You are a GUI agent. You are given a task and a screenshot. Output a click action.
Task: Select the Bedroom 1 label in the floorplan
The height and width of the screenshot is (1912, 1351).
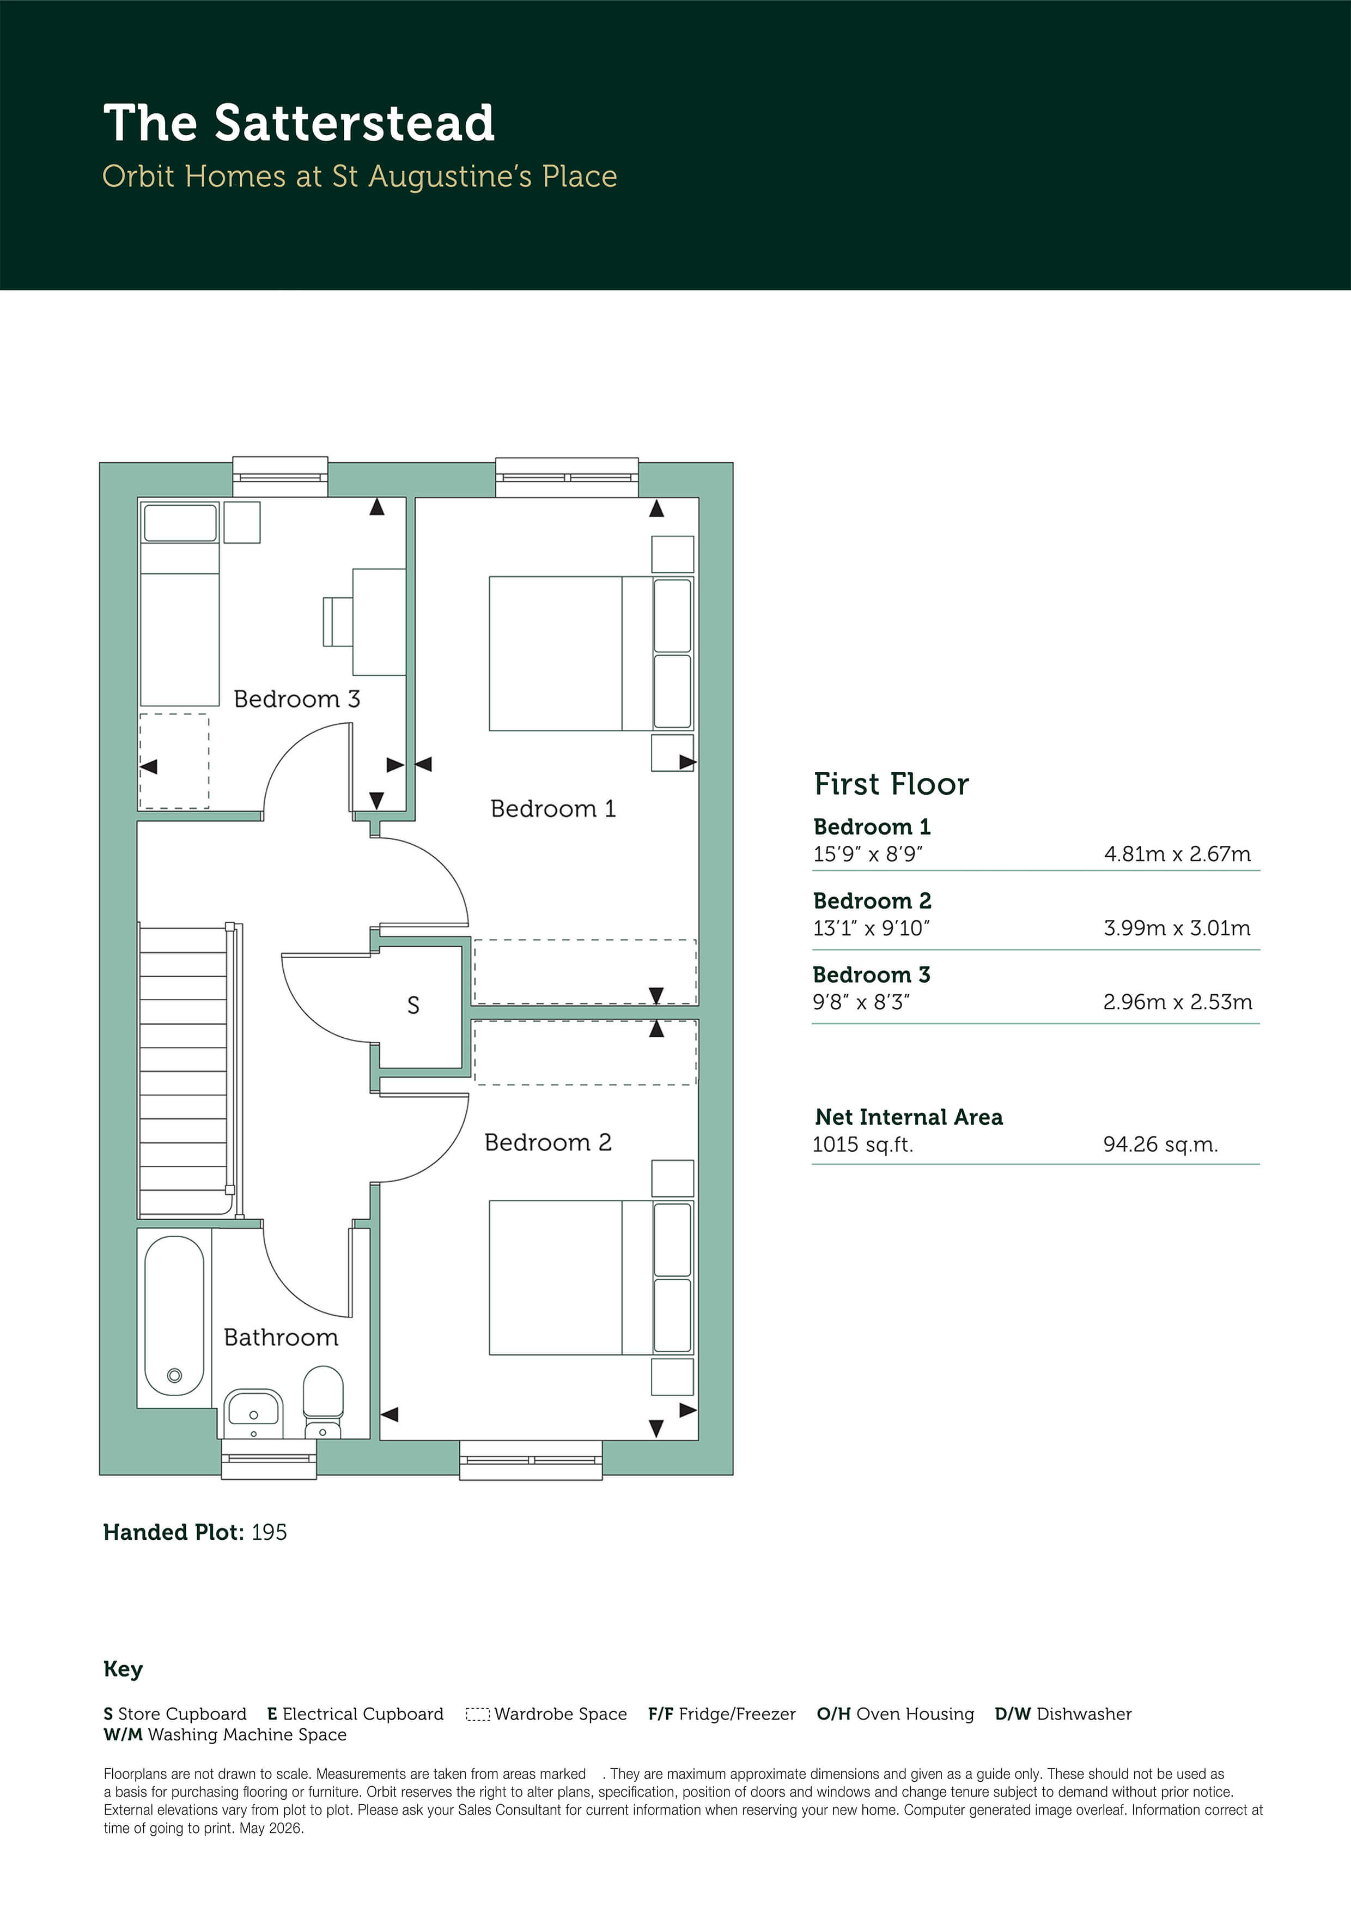point(553,809)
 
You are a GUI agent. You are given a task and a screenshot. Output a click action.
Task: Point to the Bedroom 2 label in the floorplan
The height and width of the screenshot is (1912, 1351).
point(547,1142)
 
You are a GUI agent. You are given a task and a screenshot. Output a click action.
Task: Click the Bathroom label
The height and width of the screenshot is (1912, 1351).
point(281,1338)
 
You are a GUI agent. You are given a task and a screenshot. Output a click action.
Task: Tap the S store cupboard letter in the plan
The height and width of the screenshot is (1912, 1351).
point(413,1006)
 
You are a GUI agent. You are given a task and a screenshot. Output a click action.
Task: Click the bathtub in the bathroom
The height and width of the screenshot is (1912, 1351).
point(174,1316)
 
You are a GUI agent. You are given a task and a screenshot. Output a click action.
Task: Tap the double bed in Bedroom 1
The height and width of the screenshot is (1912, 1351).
point(591,654)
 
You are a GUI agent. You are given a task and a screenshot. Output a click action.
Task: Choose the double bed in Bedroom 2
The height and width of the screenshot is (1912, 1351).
point(591,1278)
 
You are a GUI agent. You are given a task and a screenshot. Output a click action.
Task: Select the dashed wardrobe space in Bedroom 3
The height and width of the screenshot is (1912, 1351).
point(174,761)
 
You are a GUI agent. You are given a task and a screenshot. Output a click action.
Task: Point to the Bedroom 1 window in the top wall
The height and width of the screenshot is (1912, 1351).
point(567,477)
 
